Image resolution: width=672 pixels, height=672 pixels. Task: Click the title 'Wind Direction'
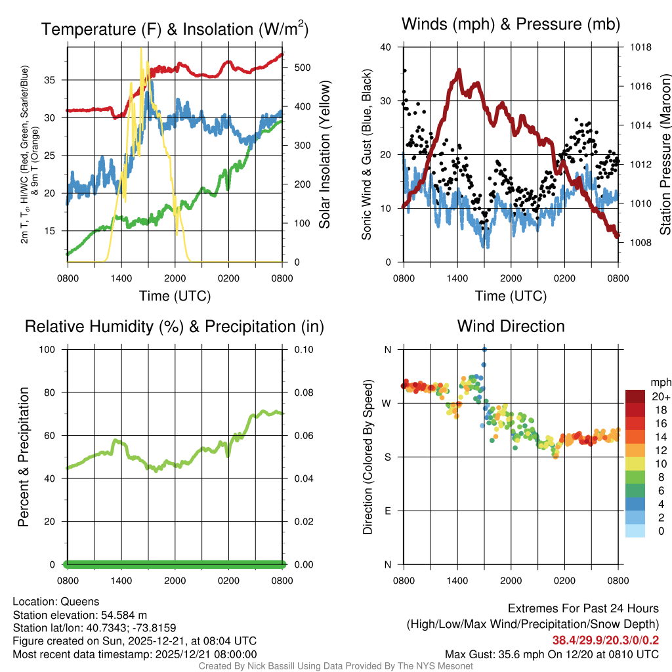click(x=511, y=326)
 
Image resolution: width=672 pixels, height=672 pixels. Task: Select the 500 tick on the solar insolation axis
click(x=301, y=68)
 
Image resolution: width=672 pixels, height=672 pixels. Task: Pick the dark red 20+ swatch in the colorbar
click(x=636, y=396)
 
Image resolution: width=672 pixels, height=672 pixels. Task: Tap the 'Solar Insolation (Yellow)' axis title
click(x=325, y=154)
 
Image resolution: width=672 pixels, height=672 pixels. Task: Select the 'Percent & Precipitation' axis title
click(x=23, y=457)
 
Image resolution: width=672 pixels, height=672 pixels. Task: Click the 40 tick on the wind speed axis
click(x=386, y=47)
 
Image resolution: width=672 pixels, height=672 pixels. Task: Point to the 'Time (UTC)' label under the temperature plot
click(x=175, y=296)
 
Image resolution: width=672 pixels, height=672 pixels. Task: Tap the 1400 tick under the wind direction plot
click(x=457, y=580)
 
